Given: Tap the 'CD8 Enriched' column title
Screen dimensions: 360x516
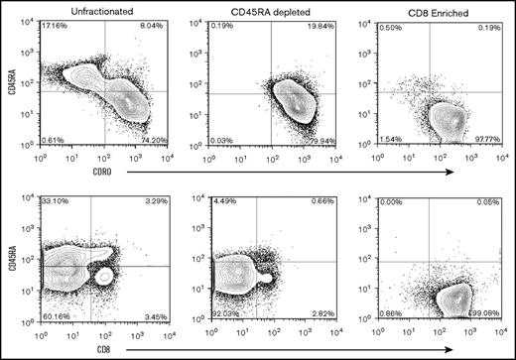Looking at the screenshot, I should (403, 9).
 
